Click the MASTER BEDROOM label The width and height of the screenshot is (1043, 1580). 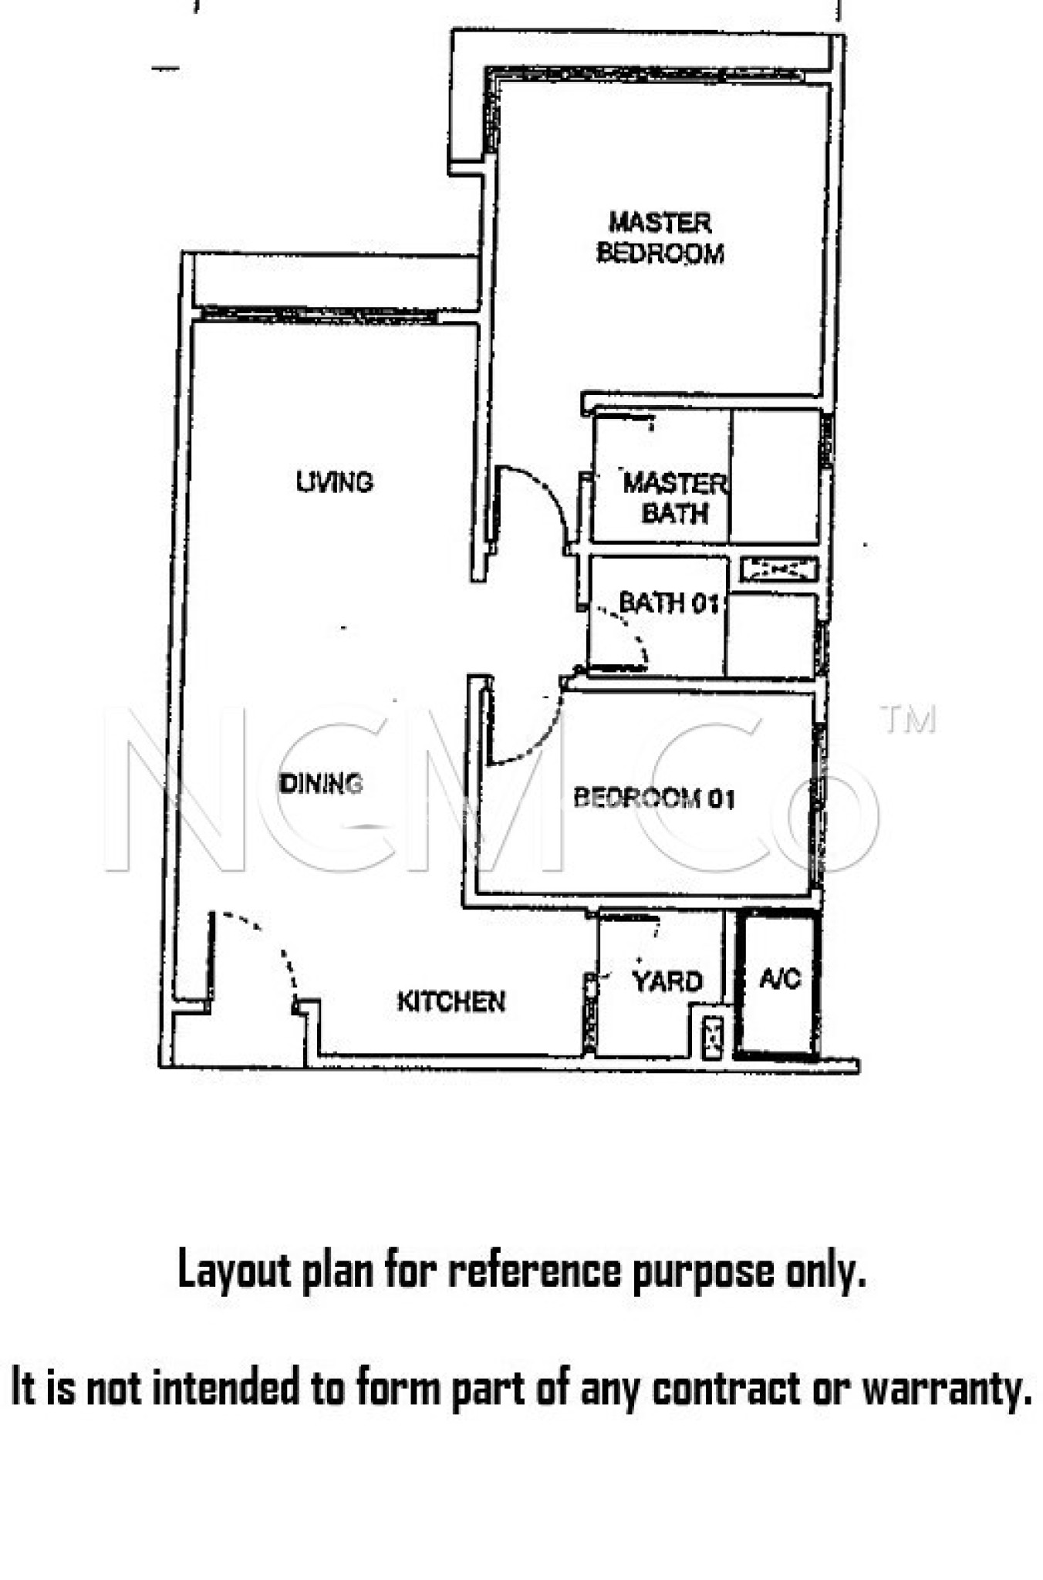pos(660,238)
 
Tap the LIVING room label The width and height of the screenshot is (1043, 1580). pos(335,482)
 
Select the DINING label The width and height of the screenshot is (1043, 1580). pos(320,783)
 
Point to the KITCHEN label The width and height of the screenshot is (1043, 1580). pos(451,1001)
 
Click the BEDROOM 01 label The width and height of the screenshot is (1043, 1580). pos(654,798)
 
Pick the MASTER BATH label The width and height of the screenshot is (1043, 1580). pos(674,498)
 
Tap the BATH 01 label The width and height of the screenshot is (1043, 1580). pos(669,603)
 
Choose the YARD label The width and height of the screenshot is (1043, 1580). pos(667,981)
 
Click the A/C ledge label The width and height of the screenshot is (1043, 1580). pos(780,979)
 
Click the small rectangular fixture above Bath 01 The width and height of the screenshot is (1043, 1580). pos(778,570)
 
